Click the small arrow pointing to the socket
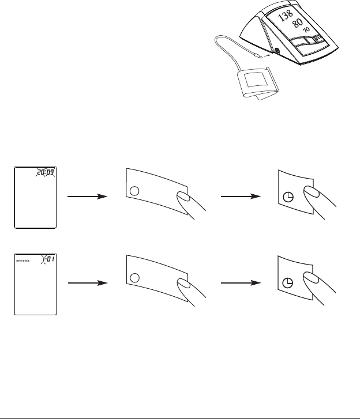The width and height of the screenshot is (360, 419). pyautogui.click(x=267, y=55)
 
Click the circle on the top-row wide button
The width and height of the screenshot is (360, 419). pyautogui.click(x=134, y=189)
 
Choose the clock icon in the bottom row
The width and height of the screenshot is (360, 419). pyautogui.click(x=288, y=284)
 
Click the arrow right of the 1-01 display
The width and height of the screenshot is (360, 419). pyautogui.click(x=87, y=284)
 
